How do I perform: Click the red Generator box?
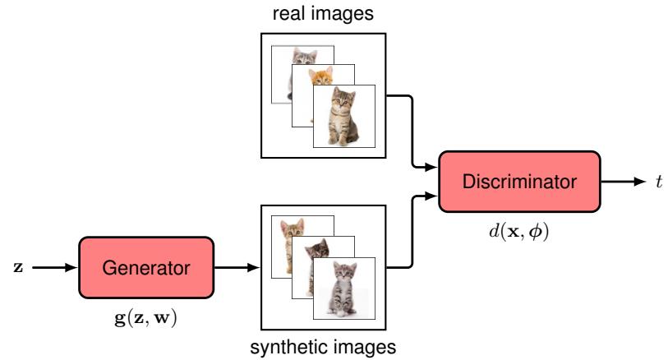[x=145, y=268]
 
